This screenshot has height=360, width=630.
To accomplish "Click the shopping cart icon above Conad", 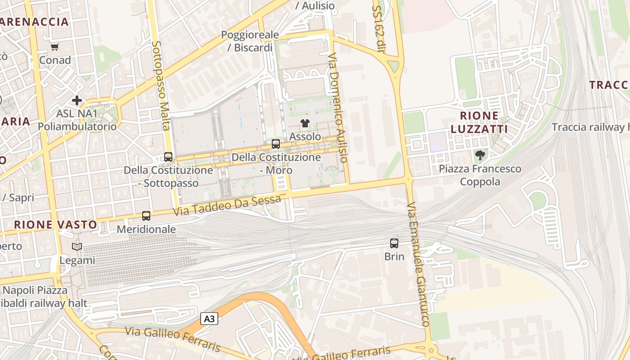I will click(x=55, y=47).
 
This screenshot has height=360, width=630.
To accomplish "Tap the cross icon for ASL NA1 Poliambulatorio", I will click(x=77, y=100).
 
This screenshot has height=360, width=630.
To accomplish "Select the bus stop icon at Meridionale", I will click(x=146, y=216).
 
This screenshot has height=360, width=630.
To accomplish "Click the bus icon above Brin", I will click(x=394, y=243).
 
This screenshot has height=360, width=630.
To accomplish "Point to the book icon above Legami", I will click(x=77, y=247).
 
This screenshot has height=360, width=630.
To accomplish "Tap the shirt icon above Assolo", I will click(x=305, y=123).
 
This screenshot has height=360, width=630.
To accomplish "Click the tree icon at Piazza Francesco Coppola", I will click(x=480, y=156).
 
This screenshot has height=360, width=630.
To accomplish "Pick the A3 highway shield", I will click(x=209, y=319).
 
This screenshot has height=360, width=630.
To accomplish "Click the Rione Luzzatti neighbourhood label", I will click(x=479, y=122).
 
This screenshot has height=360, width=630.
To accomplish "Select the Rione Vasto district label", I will click(x=55, y=225).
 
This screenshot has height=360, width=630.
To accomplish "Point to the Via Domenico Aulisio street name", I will click(x=338, y=108).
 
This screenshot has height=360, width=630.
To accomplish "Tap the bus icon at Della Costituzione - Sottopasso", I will click(x=168, y=157).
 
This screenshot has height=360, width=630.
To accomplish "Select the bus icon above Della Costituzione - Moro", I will click(x=276, y=144).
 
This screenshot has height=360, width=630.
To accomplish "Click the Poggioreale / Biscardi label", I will click(x=250, y=41).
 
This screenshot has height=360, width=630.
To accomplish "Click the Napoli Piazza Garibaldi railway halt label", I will click(x=38, y=297).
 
